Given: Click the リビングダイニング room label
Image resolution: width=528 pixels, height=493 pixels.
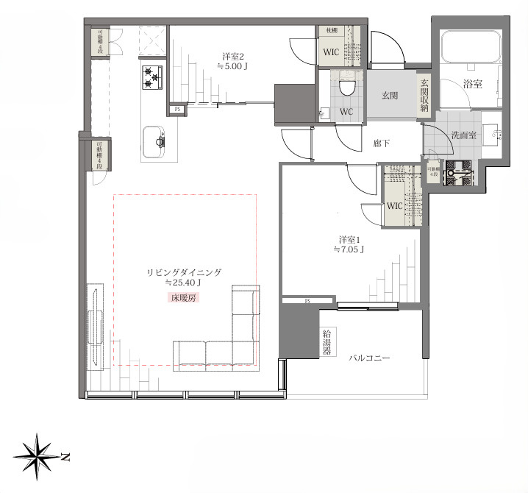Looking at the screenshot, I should (x=184, y=272).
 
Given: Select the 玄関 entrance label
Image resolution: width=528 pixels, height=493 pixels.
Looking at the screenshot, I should (x=390, y=94).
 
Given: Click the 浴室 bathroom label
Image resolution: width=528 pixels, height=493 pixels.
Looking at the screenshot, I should (x=473, y=84).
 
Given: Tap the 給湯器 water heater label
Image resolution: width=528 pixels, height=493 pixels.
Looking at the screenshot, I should (x=327, y=342).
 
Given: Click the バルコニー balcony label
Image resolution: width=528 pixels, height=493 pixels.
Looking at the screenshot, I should (x=370, y=358).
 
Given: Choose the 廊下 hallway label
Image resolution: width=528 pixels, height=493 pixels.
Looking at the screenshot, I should (x=381, y=143).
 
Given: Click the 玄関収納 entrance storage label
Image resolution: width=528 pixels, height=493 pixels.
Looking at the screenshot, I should (x=424, y=94).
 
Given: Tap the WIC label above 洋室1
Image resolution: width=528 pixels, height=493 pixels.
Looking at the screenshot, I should (x=395, y=206).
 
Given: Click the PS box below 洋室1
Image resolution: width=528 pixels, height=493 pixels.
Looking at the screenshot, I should (x=308, y=301).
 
